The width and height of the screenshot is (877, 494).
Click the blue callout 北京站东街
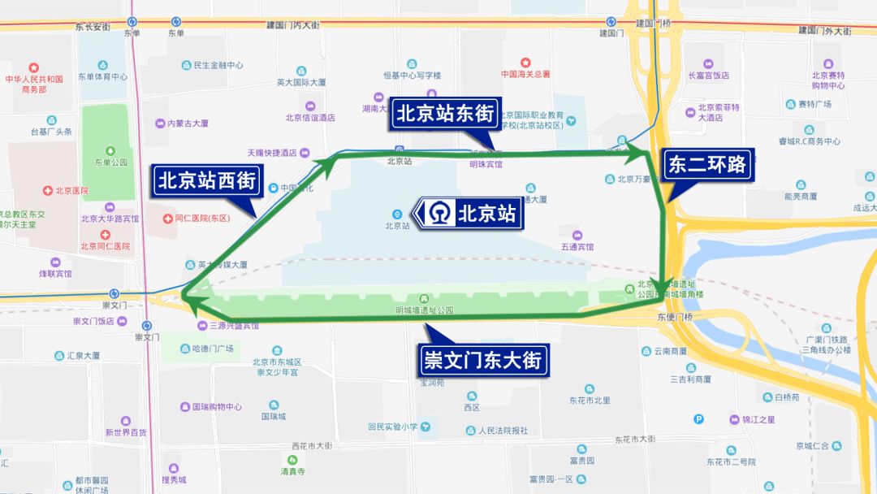pyautogui.click(x=445, y=115)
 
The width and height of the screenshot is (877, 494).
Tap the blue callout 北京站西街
pyautogui.click(x=207, y=181)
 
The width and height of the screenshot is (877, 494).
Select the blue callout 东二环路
pyautogui.click(x=706, y=165)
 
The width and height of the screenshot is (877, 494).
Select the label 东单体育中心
pyautogui.click(x=102, y=77)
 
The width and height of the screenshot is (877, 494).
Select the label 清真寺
pyautogui.click(x=292, y=471)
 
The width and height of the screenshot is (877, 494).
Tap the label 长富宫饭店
pyautogui.click(x=709, y=76)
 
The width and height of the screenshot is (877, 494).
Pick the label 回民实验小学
pyautogui.click(x=392, y=427)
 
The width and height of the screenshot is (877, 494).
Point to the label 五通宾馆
pyautogui.click(x=577, y=246)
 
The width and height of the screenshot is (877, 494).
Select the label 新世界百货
pyautogui.click(x=125, y=432)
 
